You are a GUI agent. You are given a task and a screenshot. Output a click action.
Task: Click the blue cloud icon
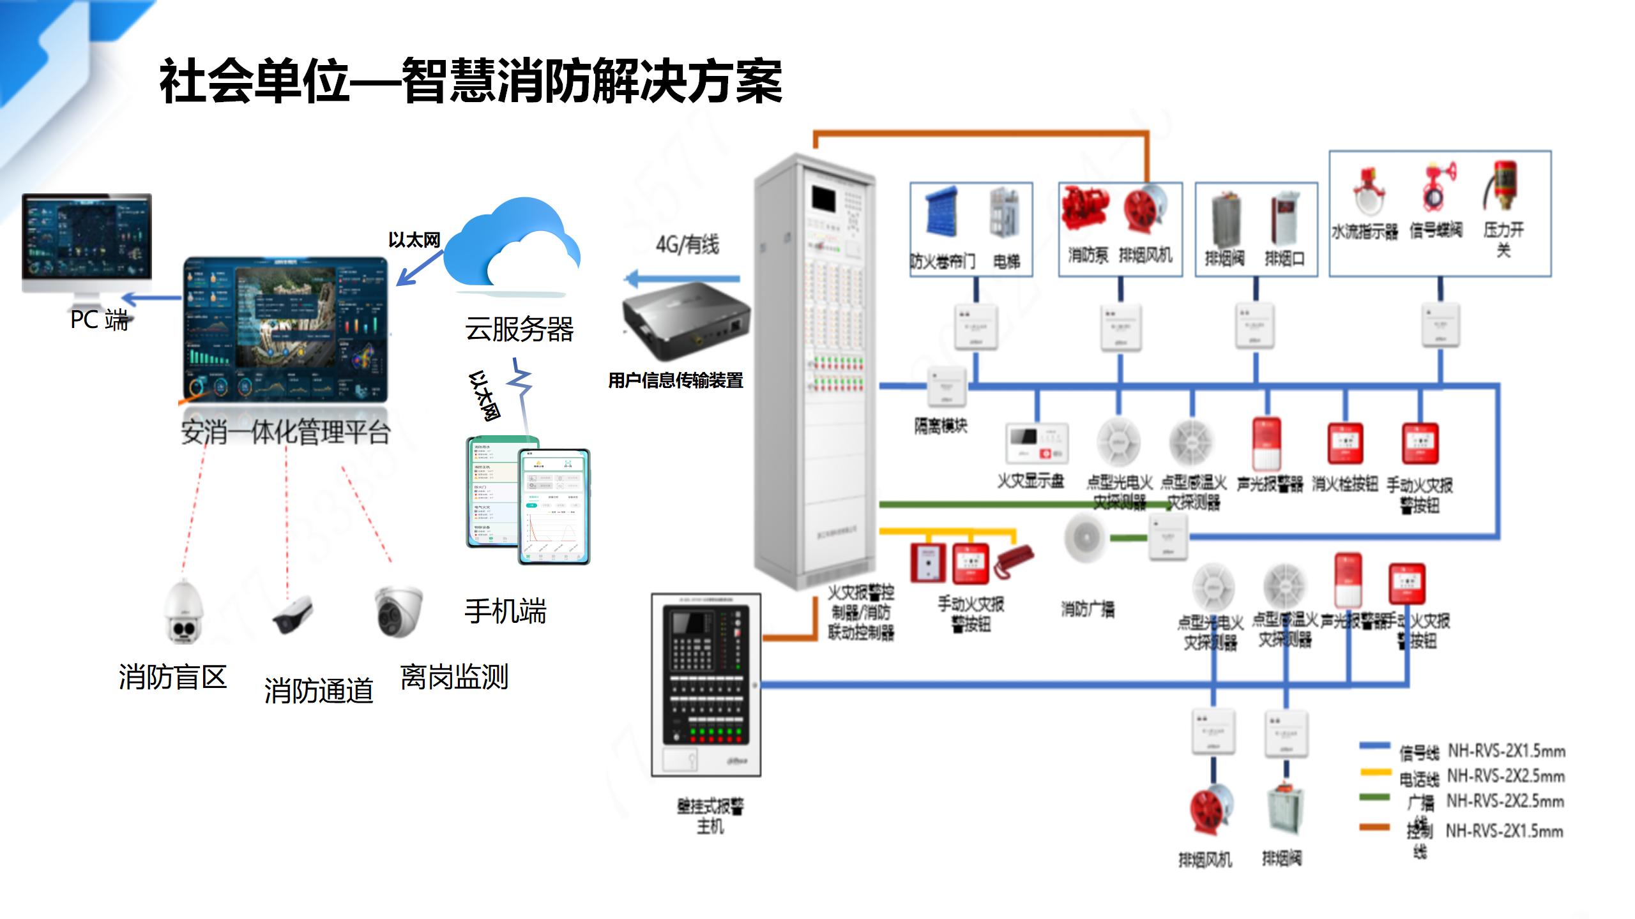(x=511, y=246)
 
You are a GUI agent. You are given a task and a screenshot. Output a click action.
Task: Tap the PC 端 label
(x=99, y=320)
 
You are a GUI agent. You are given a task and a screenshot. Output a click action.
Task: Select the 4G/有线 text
(x=687, y=244)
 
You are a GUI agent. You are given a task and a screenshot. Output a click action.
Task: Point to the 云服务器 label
(x=519, y=329)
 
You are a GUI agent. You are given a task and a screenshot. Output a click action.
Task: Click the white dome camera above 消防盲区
(x=184, y=613)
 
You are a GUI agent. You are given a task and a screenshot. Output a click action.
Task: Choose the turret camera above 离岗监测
(x=398, y=611)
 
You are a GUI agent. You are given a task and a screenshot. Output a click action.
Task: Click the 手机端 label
(x=505, y=611)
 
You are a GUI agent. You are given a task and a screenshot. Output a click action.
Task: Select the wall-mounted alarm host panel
(x=706, y=684)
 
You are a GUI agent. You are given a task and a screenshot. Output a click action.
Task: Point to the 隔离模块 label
(x=940, y=426)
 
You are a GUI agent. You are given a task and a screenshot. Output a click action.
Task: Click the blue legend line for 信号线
(x=1374, y=745)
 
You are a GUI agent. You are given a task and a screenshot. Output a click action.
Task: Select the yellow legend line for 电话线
(x=1374, y=772)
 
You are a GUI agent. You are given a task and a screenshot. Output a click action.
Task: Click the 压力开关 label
(x=1503, y=239)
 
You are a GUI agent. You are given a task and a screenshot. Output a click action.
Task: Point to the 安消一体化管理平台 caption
(x=285, y=432)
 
